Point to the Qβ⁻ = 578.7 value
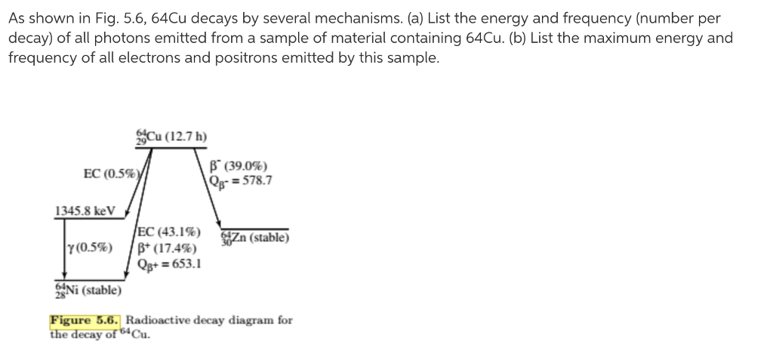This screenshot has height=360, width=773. coord(243,180)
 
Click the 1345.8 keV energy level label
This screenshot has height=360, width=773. coord(85,211)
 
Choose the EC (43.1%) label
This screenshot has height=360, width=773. coord(170,232)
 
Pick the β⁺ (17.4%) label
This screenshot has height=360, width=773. coord(168,248)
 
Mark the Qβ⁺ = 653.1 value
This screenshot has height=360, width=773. coord(170,264)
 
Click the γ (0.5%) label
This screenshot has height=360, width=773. coord(91,248)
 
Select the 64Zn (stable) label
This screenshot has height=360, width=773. coord(255,238)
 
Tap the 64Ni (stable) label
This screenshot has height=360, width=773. coord(88,290)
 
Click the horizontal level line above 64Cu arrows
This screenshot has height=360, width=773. coord(171,147)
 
